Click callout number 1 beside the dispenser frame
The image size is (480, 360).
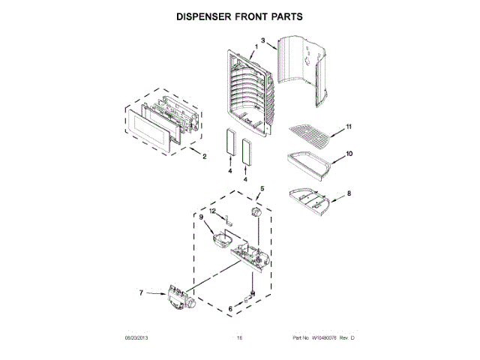point(256,47)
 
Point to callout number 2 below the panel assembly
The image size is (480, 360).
point(205,157)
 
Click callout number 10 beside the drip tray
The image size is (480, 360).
point(349,155)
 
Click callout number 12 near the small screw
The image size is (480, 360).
point(212,213)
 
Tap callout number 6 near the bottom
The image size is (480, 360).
point(229,309)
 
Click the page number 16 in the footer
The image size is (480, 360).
point(240,340)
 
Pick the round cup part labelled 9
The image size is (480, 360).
point(221,239)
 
